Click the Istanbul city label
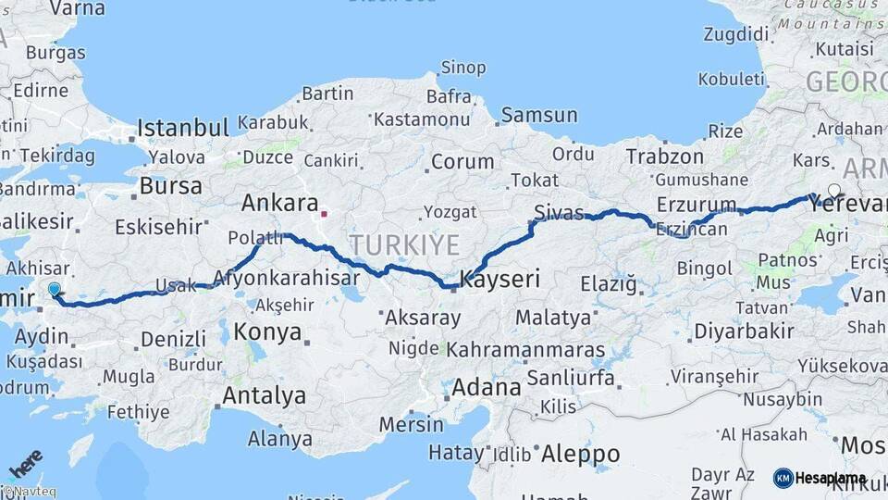(182, 128)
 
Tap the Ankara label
(279, 204)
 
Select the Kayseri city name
(499, 278)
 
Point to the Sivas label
(559, 213)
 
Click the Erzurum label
(697, 204)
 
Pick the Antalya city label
(264, 396)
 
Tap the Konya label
(267, 331)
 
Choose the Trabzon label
(660, 156)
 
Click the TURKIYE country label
(404, 245)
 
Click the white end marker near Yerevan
(834, 192)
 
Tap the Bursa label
(170, 186)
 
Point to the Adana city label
(487, 387)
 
